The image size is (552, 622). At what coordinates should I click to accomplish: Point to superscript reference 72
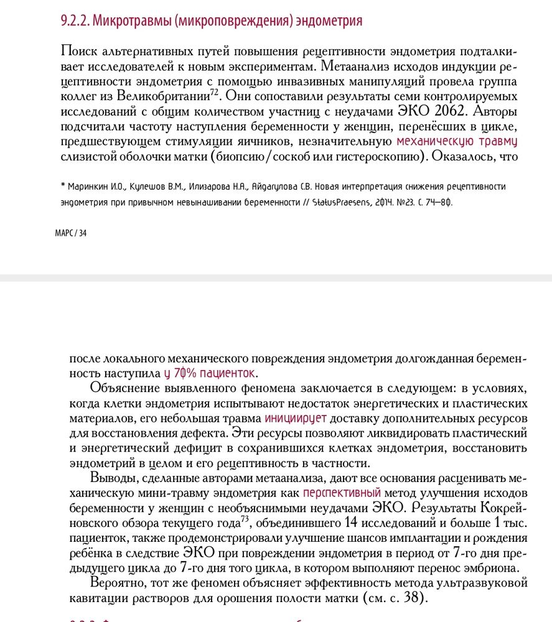[213, 93]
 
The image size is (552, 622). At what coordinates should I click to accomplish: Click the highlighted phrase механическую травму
[457, 141]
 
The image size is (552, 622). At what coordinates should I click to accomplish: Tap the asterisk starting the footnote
[63, 186]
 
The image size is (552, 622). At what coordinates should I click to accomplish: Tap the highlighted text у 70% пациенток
[210, 374]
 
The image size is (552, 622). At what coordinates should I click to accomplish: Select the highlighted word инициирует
[296, 419]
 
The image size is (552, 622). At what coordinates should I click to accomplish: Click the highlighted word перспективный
[342, 493]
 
